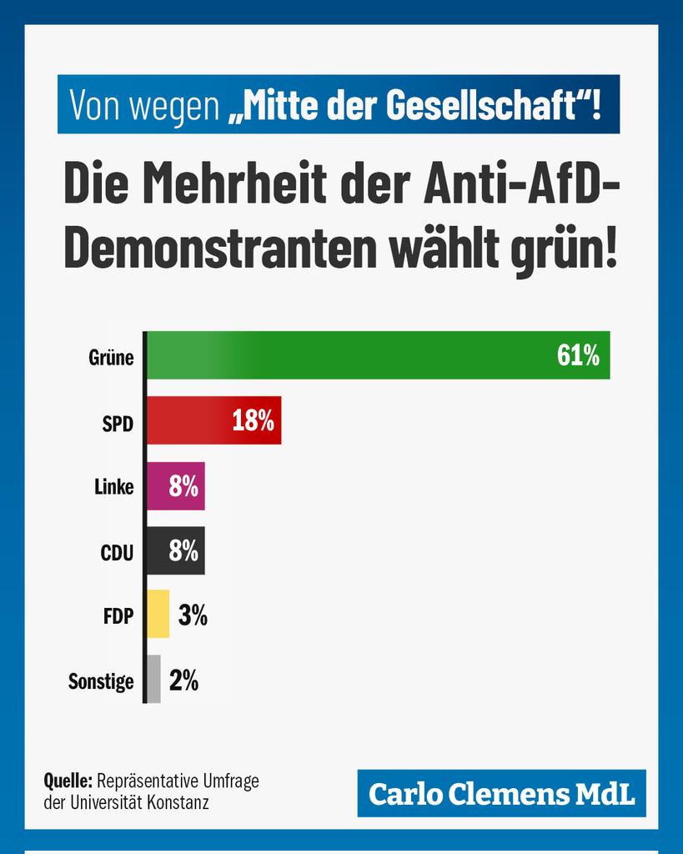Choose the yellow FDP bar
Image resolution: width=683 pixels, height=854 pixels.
[158, 615]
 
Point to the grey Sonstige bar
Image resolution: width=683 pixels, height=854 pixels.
[153, 680]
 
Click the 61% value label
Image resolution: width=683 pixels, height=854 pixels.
[578, 356]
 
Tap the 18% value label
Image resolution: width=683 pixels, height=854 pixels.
[253, 421]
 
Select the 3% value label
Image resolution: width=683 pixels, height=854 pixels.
[193, 615]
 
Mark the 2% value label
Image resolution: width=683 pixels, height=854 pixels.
[183, 681]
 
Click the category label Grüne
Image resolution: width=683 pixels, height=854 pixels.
[112, 357]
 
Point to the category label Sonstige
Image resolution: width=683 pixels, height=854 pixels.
[101, 681]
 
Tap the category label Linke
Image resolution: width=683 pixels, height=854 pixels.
[114, 486]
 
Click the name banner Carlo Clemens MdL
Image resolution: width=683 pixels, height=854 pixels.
[501, 794]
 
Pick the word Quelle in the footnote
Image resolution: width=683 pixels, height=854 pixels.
[68, 781]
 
